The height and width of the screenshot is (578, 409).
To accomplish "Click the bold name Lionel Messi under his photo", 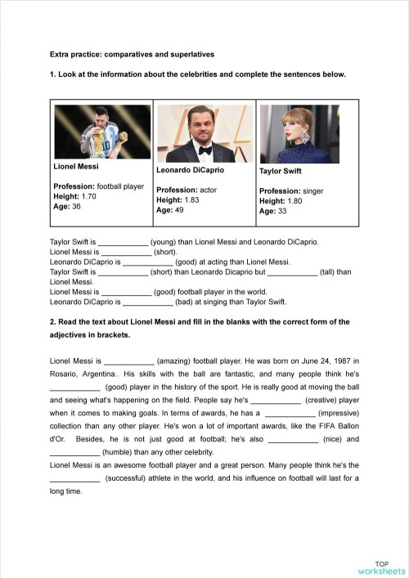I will (76, 167).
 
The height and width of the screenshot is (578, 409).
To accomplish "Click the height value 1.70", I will (88, 196).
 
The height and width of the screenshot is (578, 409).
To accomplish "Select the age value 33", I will (282, 211).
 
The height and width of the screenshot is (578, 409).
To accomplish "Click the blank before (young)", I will (123, 243).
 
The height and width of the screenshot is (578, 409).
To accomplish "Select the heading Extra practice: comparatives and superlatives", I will (132, 55).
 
